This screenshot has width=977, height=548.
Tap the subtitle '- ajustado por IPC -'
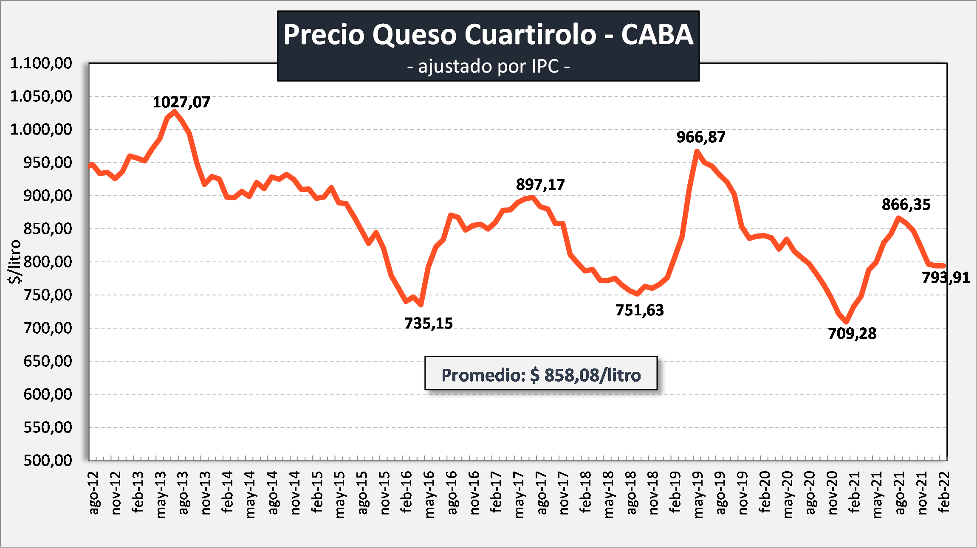click(488, 67)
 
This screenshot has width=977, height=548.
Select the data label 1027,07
click(181, 102)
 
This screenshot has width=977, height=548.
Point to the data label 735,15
click(428, 323)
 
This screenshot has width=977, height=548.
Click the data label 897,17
click(540, 185)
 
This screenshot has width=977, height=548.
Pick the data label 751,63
click(639, 310)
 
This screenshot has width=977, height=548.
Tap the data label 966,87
click(701, 137)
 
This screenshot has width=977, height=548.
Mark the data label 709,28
click(852, 334)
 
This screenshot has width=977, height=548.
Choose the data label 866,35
click(906, 205)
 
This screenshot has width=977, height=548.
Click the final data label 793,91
click(945, 278)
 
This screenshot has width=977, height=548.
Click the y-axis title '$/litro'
click(14, 261)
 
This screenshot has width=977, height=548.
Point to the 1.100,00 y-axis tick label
click(41, 63)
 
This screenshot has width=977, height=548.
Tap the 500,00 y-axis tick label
click(48, 460)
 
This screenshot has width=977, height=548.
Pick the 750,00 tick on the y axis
click(48, 295)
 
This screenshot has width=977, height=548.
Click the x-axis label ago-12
click(93, 492)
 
